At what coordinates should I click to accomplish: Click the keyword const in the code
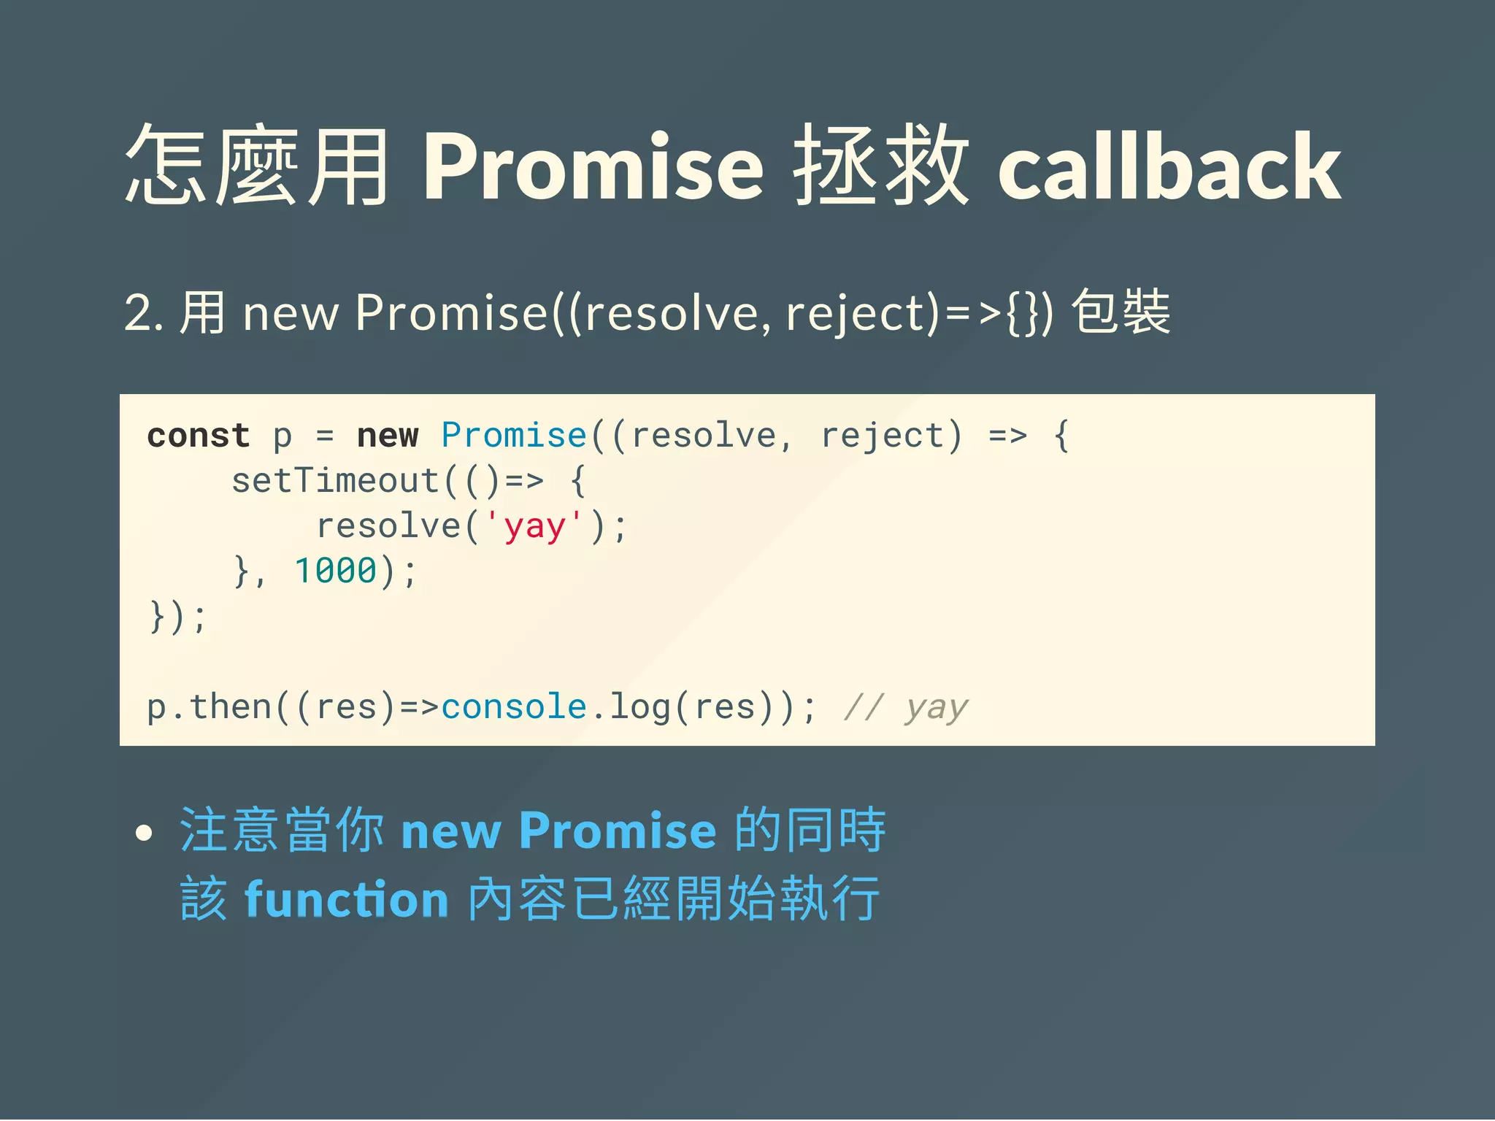pos(198,436)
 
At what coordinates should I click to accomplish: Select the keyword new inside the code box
pos(388,436)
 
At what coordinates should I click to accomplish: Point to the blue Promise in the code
pos(514,436)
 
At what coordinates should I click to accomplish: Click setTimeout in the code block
pos(335,481)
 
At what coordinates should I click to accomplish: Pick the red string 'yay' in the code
pos(534,526)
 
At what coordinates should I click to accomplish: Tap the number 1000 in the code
pos(335,571)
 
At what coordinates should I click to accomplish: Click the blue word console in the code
pos(514,706)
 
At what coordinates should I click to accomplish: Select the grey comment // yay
pos(906,706)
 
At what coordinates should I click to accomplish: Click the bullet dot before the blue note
pos(145,833)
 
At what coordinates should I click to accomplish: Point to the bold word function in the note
pos(347,899)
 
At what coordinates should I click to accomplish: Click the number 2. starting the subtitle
pos(143,313)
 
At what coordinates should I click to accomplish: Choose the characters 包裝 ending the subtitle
pos(1121,312)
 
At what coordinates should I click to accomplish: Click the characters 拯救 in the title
pos(881,166)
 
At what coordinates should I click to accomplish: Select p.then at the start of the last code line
pos(210,706)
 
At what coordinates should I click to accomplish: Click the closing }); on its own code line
pos(177,617)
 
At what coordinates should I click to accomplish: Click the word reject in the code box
pos(883,436)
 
